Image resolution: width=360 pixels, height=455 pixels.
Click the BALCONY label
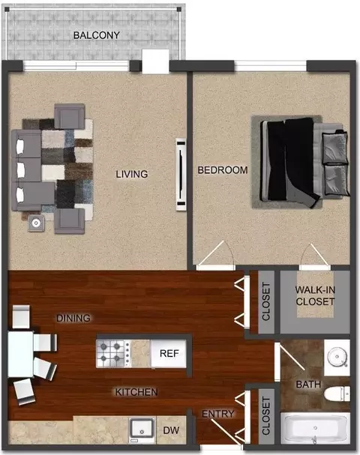pos(97,35)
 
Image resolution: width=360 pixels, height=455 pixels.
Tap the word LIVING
pos(132,174)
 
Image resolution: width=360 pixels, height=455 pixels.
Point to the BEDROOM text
pos(223,170)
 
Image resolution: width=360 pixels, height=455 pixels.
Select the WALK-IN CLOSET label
pos(315,295)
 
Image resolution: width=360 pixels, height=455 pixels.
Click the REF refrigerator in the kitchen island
pos(169,354)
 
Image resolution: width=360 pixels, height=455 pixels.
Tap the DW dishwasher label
pos(171,430)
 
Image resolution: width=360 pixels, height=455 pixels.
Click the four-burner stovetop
pos(113,354)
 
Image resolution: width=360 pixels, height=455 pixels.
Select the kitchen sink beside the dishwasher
pos(142,430)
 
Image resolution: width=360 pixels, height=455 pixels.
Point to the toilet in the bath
pos(337,394)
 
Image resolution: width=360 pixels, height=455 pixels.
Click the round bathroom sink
pos(337,356)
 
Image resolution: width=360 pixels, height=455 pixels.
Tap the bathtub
pos(315,428)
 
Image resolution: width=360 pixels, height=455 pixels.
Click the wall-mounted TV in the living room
pos(181,175)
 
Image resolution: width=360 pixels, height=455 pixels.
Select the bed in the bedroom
pos(304,162)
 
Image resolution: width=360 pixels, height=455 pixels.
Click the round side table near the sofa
pos(36,223)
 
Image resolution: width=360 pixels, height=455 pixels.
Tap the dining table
pos(20,354)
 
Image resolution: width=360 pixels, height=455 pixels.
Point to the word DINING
pos(73,319)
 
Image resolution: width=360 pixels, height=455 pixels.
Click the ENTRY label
pos(217,414)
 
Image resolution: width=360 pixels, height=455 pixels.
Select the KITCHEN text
pos(136,392)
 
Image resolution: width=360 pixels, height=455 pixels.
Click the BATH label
pos(308,385)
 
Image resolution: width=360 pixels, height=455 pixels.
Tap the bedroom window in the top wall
pos(270,66)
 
